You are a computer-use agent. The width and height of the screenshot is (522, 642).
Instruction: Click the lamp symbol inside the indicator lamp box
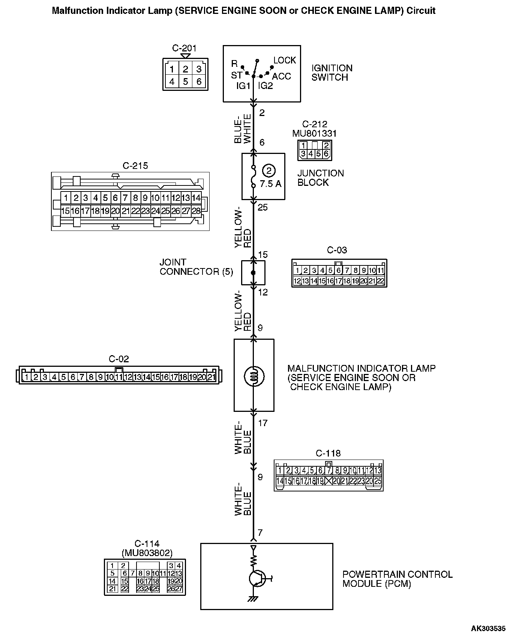click(x=254, y=375)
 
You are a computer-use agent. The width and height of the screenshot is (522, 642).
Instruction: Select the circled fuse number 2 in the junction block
click(x=268, y=171)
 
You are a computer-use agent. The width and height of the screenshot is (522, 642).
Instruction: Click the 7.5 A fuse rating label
click(x=270, y=184)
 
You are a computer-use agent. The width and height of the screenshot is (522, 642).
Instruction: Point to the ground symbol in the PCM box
click(x=253, y=600)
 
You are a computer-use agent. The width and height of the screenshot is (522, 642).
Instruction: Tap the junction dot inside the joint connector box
click(x=253, y=273)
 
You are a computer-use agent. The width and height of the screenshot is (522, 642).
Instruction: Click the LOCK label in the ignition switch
click(x=285, y=60)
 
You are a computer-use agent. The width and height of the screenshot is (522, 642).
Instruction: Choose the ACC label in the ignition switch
click(x=281, y=77)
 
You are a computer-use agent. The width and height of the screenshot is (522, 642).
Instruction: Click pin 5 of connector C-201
click(x=185, y=81)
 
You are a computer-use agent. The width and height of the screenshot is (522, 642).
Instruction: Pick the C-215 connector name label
click(x=135, y=166)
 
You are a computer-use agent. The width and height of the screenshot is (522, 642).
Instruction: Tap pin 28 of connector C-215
click(x=196, y=211)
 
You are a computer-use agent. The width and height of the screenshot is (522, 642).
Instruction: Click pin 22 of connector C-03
click(x=381, y=281)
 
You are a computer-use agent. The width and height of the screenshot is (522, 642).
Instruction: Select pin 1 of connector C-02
click(x=27, y=377)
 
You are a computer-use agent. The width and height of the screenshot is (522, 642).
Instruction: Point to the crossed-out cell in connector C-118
click(x=328, y=481)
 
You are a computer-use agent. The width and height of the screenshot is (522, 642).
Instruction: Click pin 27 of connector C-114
click(x=178, y=589)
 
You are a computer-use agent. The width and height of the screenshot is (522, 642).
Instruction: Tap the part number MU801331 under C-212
click(x=314, y=133)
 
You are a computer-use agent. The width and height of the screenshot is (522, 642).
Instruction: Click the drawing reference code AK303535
click(x=488, y=628)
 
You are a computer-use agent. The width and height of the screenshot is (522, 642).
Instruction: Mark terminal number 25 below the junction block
click(x=262, y=207)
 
